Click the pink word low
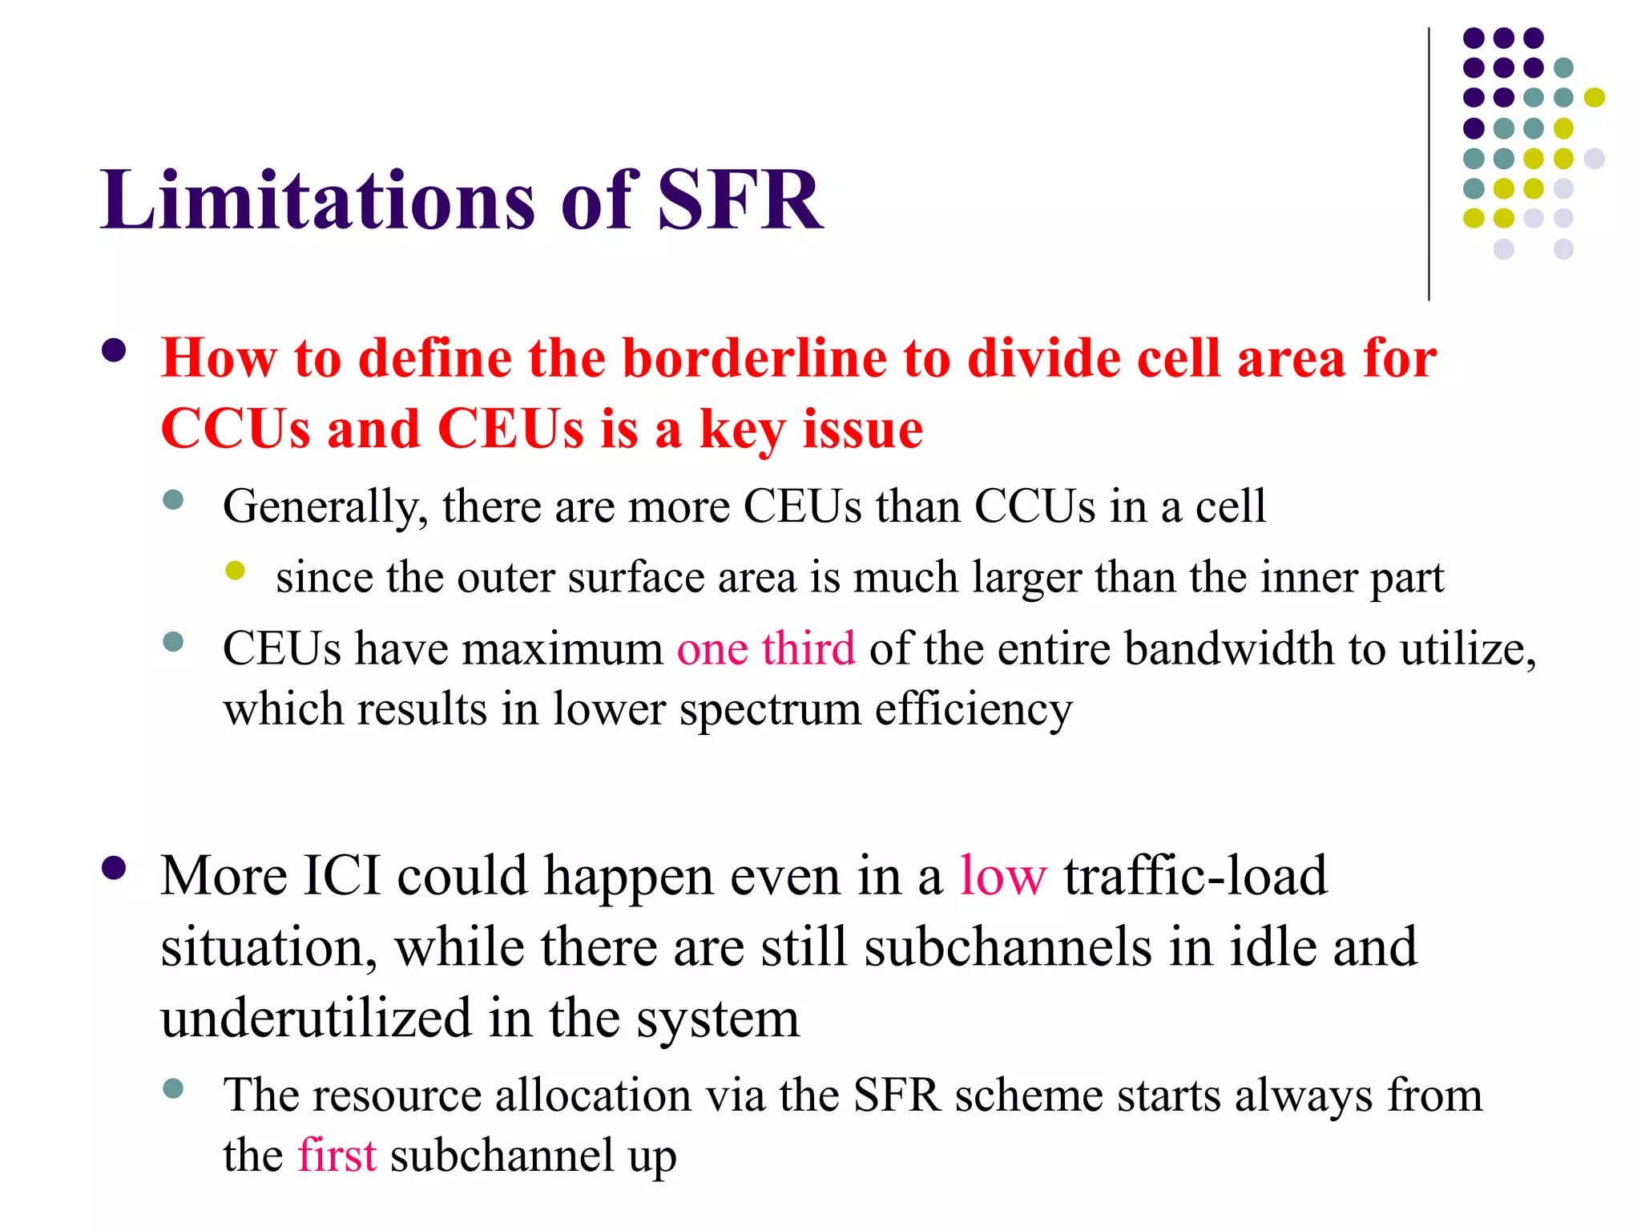(1003, 875)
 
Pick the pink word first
(337, 1156)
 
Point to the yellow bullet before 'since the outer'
(235, 571)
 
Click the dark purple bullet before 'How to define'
(114, 351)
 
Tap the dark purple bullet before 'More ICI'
(114, 869)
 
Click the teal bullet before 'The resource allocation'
(173, 1088)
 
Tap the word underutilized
(316, 1019)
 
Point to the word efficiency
(973, 710)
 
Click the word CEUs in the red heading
(510, 429)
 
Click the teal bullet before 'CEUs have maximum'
(173, 642)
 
